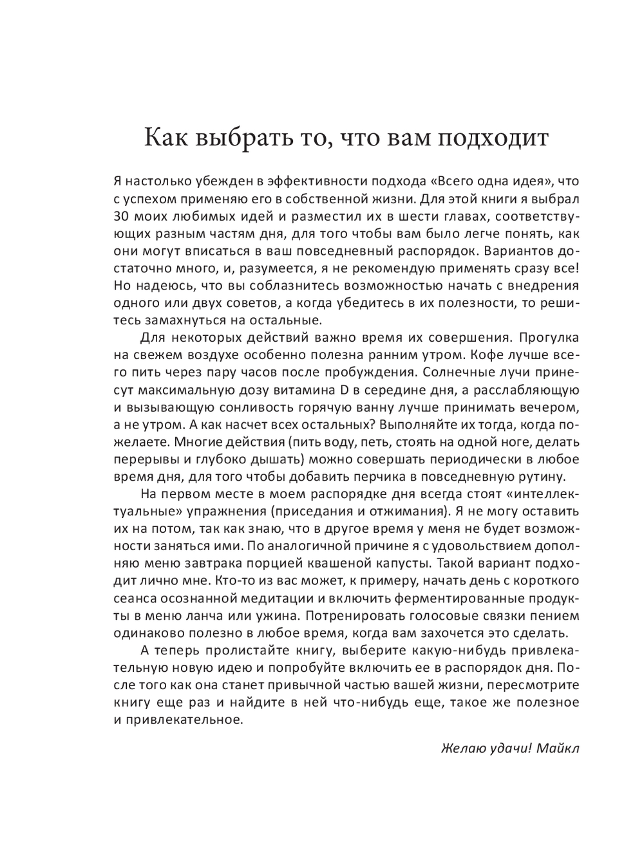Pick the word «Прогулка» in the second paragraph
coord(549,338)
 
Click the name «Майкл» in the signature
coord(557,748)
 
